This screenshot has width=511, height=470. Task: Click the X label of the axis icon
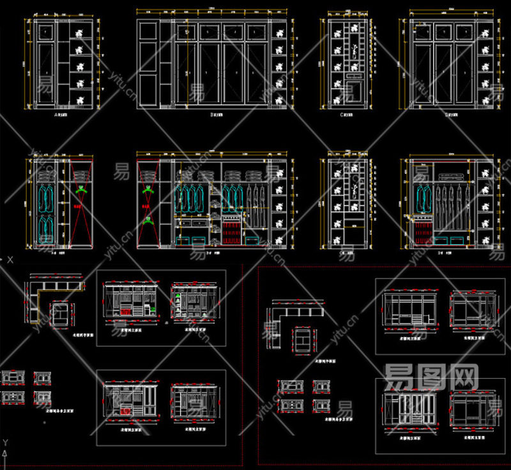[10, 260]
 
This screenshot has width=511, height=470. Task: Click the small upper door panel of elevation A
[45, 31]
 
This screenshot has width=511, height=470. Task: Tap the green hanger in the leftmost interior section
[80, 190]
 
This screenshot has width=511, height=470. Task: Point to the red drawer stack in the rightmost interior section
[422, 230]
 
